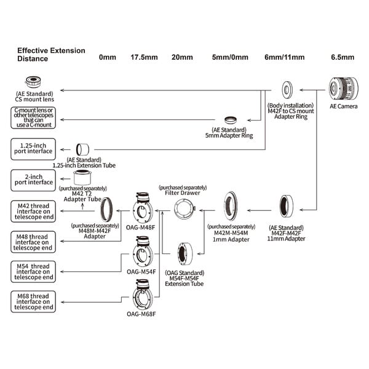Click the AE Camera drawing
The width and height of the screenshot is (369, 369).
(344, 89)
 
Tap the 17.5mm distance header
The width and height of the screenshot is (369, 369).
(144, 57)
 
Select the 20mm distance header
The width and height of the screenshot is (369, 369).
(182, 57)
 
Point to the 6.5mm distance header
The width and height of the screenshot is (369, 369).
(343, 57)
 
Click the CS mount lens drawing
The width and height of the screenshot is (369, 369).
(33, 82)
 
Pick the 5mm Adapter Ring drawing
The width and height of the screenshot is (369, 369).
(231, 120)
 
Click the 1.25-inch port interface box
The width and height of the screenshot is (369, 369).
(33, 149)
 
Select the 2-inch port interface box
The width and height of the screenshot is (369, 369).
(33, 180)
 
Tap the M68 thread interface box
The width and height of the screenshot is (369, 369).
(33, 302)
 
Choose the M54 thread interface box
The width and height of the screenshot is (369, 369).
(33, 272)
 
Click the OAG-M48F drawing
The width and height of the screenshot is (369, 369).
(143, 208)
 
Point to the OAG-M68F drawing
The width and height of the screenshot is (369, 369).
(143, 295)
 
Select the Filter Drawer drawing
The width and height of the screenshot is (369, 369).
(185, 210)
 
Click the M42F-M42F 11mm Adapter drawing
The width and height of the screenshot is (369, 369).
(287, 207)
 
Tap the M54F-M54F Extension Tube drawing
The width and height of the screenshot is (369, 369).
(184, 253)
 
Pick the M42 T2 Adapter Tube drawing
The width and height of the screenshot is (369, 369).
(82, 177)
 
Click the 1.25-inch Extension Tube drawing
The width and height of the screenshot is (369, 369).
(82, 149)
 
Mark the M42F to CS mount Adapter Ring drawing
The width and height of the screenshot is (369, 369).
(287, 90)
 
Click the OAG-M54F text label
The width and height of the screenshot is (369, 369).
(141, 272)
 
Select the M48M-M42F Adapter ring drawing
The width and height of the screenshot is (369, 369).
(106, 210)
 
